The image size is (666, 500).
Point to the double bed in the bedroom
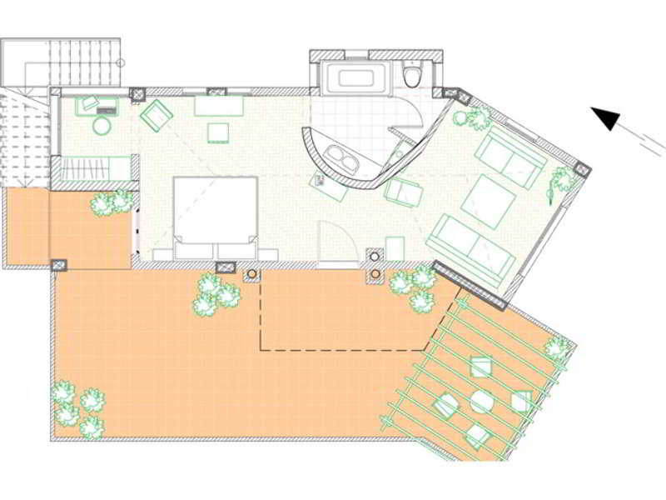coord(215,212)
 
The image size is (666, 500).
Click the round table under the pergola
coord(481,402)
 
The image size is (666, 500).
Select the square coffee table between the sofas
coord(489,201)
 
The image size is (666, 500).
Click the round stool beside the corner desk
coord(102,127)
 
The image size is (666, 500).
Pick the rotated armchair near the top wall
coord(156,115)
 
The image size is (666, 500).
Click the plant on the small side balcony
coord(111,202)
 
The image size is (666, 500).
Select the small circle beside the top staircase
coord(120,62)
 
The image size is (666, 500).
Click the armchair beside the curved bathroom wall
coord(404,192)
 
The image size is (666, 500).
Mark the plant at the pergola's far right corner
coord(557,347)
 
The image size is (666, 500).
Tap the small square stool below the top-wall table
coord(218,132)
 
